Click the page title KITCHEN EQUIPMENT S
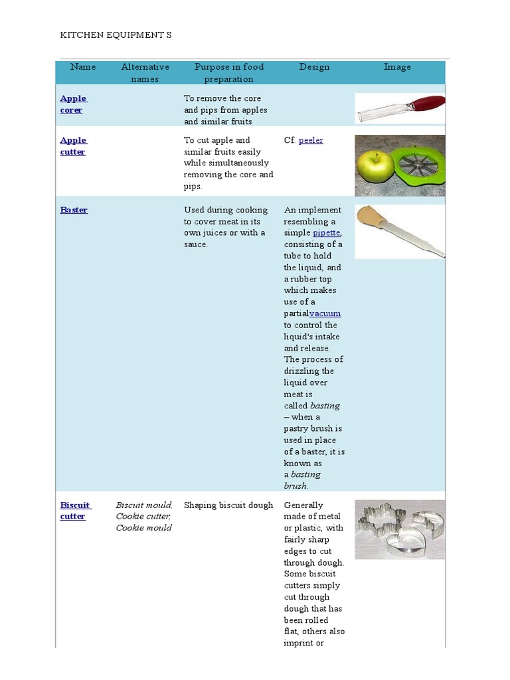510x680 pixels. pyautogui.click(x=116, y=35)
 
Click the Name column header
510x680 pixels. pyautogui.click(x=83, y=67)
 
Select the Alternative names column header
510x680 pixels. pyautogui.click(x=145, y=73)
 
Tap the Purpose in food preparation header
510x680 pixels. pyautogui.click(x=228, y=73)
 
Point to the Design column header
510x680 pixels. pyautogui.click(x=314, y=67)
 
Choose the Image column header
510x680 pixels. pyautogui.click(x=397, y=67)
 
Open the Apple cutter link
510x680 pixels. pyautogui.click(x=73, y=146)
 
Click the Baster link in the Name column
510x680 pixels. pyautogui.click(x=74, y=210)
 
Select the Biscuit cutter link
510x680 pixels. pyautogui.click(x=74, y=511)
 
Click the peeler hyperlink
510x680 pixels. pyautogui.click(x=311, y=141)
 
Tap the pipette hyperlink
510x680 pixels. pyautogui.click(x=327, y=233)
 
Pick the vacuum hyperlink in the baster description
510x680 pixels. pyautogui.click(x=325, y=313)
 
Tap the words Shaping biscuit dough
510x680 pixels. pyautogui.click(x=228, y=505)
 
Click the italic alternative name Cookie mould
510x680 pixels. pyautogui.click(x=143, y=528)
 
